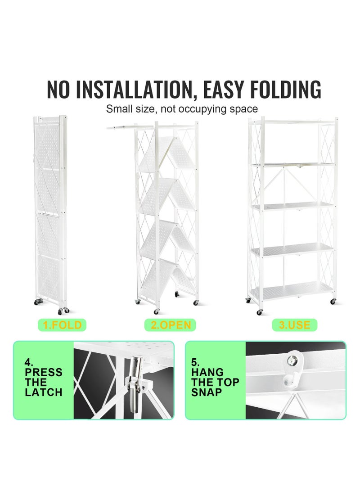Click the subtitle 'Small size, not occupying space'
[182, 109]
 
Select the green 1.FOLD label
[63, 325]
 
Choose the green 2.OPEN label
[171, 325]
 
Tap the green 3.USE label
[295, 325]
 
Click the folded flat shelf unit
[50, 212]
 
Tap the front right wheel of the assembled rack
[333, 301]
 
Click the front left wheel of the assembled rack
[260, 311]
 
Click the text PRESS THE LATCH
[43, 382]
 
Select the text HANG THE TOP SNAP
[215, 382]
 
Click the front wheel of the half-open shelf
[156, 311]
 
